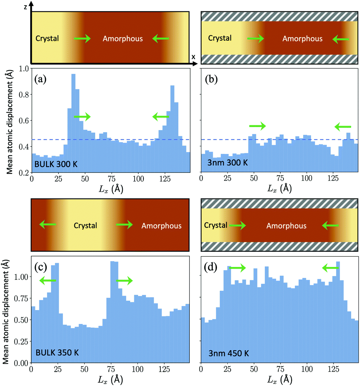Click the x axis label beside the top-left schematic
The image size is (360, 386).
coord(193,57)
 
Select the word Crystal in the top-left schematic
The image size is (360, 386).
coord(47,38)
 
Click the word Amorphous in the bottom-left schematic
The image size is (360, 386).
coord(161,226)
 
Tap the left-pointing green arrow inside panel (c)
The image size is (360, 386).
coord(47,281)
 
